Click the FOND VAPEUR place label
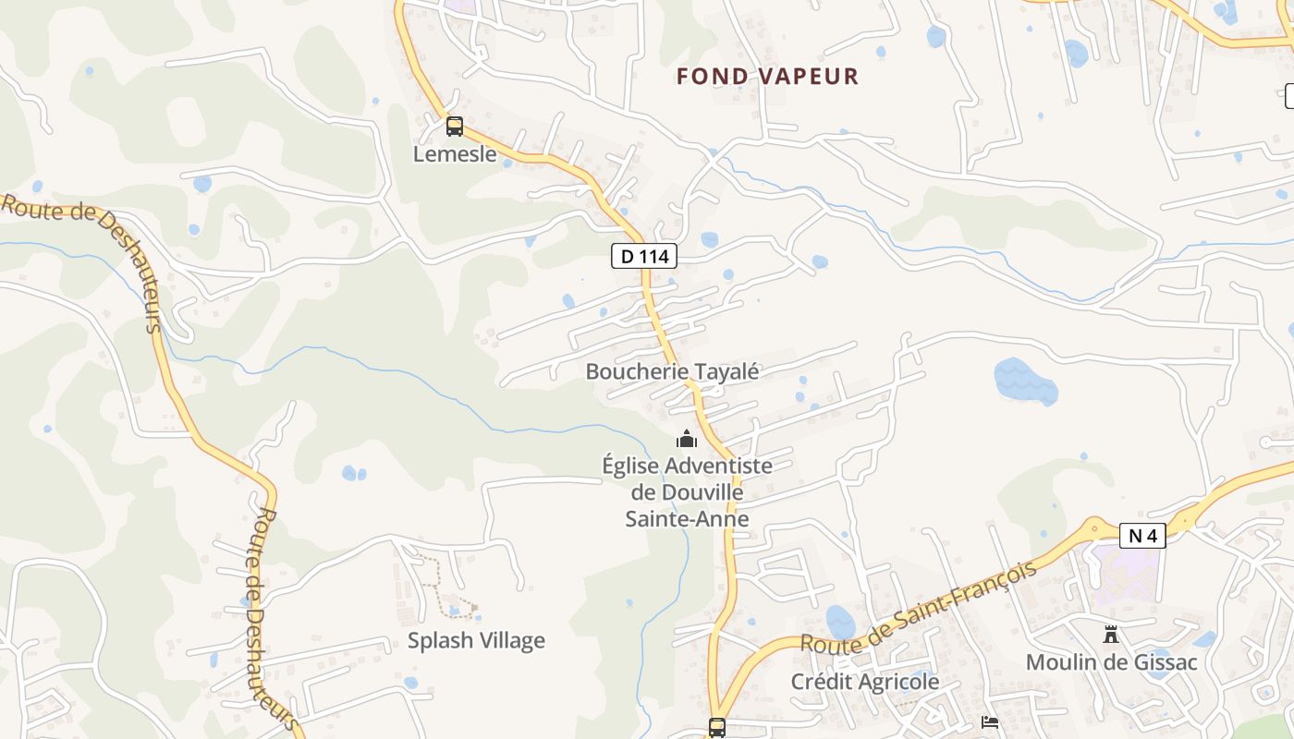click(767, 76)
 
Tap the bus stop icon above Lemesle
click(454, 127)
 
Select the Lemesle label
click(454, 153)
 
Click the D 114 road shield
click(644, 256)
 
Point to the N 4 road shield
click(1142, 536)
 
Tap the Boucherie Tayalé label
click(672, 371)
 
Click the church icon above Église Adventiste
click(687, 439)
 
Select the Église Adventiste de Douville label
click(687, 479)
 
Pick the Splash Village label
click(476, 640)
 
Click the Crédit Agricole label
click(864, 682)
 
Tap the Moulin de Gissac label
click(1111, 662)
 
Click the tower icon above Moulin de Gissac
click(1111, 635)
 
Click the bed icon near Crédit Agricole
click(990, 721)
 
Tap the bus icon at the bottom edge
click(716, 727)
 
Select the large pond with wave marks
click(1025, 381)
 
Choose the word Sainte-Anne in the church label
click(687, 518)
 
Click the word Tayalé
click(727, 371)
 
